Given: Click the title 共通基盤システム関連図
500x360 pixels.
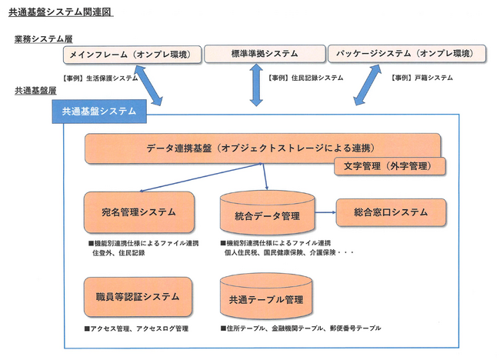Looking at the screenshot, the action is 61,12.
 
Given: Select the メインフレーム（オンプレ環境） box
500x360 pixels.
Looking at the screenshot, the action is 132,55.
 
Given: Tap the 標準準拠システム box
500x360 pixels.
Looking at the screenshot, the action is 265,54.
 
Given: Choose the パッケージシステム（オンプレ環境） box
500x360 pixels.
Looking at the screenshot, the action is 407,54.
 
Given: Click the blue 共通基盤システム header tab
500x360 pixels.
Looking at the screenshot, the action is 99,112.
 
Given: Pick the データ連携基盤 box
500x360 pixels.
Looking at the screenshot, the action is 263,148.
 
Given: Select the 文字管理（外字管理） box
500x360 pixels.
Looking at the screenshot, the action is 390,166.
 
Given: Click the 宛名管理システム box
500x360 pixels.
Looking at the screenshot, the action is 139,212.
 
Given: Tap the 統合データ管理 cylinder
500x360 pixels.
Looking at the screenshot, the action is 267,212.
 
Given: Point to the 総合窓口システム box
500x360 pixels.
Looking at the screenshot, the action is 391,212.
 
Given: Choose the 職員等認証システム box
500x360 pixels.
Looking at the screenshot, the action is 138,297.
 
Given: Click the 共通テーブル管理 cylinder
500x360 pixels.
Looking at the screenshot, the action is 266,296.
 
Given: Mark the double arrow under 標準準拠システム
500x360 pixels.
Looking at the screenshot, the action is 256,85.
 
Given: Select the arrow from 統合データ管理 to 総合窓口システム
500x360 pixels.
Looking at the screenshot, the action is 325,212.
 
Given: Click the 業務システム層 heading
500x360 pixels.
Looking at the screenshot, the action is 44,39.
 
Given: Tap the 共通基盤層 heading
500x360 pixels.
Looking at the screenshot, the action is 35,91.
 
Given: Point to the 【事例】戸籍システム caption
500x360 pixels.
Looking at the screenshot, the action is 422,78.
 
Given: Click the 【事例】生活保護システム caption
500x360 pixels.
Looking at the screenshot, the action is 101,78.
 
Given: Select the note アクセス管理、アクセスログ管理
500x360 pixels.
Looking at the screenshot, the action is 136,328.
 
